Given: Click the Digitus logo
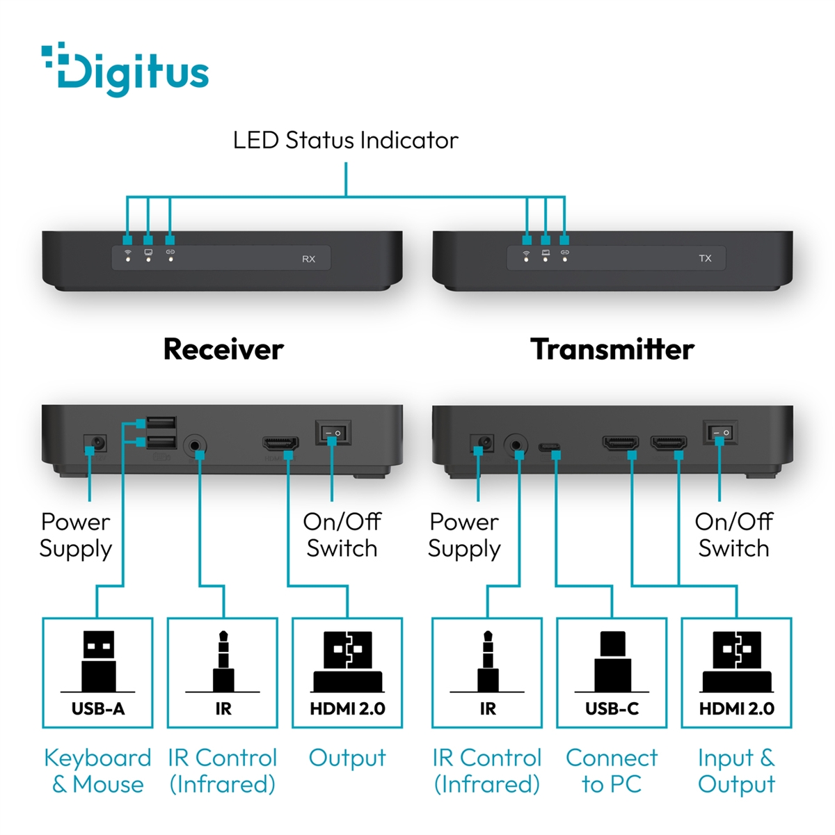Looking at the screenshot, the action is tap(125, 70).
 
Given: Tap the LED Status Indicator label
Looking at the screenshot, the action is tap(345, 140).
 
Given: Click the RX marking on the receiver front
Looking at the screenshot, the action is tap(308, 259).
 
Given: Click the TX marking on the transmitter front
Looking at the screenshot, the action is tap(705, 258).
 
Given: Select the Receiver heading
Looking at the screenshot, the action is tap(223, 349).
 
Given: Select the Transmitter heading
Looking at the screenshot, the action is tap(612, 349).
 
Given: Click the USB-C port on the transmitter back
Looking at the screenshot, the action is tap(549, 447).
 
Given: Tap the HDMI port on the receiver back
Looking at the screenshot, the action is tap(280, 443).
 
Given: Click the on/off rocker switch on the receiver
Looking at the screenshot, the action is tap(333, 432).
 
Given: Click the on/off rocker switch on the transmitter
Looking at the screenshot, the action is tap(719, 432).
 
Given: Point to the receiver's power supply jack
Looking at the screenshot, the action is tap(95, 443).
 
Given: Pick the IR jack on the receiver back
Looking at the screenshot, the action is tap(195, 445).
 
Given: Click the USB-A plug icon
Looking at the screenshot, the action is tap(98, 660).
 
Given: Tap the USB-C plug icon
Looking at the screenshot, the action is tap(612, 661).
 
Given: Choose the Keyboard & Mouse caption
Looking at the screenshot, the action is tap(98, 771).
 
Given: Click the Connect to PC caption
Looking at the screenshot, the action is tap(612, 771).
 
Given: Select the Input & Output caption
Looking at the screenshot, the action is tap(736, 771).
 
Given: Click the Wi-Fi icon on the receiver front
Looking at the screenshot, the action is tap(127, 252).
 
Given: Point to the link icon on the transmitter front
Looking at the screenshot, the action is tap(564, 252).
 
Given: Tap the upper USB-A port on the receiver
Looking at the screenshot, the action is tap(161, 422).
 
